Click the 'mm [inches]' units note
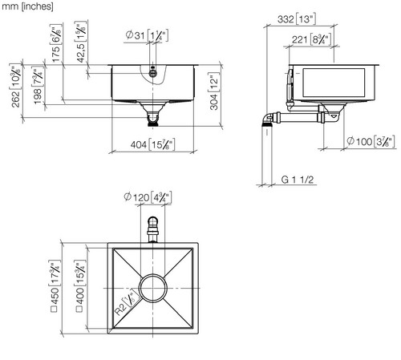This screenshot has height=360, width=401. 27,6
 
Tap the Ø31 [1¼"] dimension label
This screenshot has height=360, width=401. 147,35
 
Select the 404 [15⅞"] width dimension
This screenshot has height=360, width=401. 152,144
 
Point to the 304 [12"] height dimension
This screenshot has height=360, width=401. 214,91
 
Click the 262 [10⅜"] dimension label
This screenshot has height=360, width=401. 16,86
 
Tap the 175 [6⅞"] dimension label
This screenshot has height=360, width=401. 56,43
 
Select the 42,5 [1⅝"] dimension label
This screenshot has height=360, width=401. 81,42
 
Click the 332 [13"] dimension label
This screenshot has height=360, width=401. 297,19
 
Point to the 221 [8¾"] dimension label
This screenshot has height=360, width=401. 312,40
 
